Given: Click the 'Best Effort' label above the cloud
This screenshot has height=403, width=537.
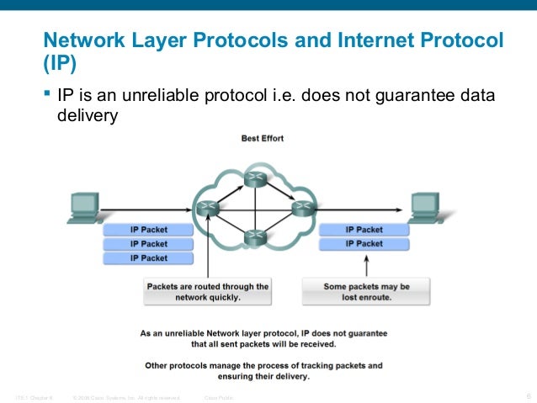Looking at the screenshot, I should pyautogui.click(x=263, y=137).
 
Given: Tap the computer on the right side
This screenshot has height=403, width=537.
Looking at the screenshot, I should pyautogui.click(x=425, y=207).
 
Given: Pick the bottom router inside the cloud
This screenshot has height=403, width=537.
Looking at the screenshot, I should pyautogui.click(x=253, y=239).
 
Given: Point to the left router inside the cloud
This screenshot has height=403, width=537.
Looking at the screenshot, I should pyautogui.click(x=205, y=206).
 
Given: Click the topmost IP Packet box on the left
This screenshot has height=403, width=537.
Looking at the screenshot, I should pyautogui.click(x=148, y=230).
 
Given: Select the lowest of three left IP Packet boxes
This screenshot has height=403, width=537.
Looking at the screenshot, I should pyautogui.click(x=148, y=258).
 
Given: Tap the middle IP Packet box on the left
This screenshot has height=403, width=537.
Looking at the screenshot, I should pyautogui.click(x=148, y=244).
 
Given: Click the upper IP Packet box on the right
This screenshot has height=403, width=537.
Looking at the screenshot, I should pyautogui.click(x=364, y=230).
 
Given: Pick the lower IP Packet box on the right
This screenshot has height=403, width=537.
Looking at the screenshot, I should pyautogui.click(x=364, y=244).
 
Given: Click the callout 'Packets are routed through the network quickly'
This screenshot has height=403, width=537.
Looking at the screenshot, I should pyautogui.click(x=207, y=292).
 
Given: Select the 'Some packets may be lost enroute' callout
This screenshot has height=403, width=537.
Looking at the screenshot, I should pyautogui.click(x=366, y=292).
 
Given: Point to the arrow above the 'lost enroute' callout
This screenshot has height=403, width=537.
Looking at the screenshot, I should pyautogui.click(x=366, y=267).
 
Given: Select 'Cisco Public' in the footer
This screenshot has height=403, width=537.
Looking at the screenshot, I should pyautogui.click(x=220, y=396).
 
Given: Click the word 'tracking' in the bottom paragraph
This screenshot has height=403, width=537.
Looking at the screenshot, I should pyautogui.click(x=322, y=366).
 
